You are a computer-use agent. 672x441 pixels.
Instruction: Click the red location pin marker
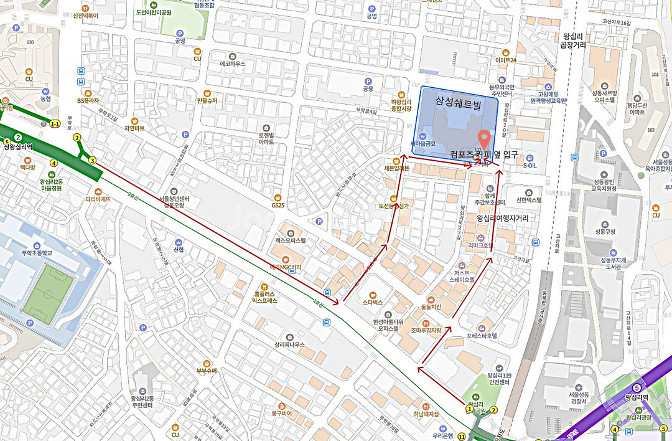(483, 137)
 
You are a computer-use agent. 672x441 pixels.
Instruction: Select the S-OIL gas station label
(530, 166)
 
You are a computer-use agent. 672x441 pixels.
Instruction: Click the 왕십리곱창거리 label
(574, 40)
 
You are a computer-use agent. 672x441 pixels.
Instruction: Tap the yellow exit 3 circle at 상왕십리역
(92, 161)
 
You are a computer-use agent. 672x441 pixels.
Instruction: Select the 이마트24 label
(506, 60)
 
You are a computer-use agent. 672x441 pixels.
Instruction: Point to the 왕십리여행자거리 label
(502, 219)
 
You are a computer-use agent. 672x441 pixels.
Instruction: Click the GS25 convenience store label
(277, 205)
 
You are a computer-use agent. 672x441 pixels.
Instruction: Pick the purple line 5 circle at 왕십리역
(636, 387)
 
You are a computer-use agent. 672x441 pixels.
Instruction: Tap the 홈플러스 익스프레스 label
(265, 296)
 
